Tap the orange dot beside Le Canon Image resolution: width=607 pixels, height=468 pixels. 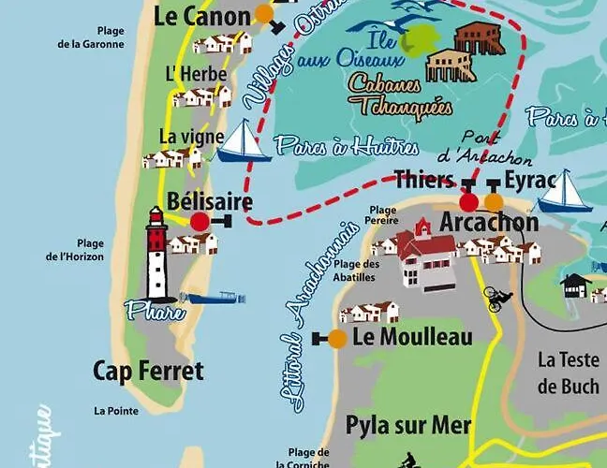(265, 14)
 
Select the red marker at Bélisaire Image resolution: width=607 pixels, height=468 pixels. (200, 222)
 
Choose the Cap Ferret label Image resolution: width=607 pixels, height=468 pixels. (148, 371)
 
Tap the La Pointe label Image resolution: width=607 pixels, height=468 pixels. (115, 411)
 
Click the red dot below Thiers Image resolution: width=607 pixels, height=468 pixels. (469, 201)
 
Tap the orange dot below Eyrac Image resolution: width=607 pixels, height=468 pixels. (494, 201)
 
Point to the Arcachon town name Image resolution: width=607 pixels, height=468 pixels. (489, 223)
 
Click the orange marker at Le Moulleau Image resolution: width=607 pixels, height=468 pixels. (337, 338)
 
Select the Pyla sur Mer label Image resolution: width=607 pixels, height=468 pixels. (408, 424)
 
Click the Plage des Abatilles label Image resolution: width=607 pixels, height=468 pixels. (357, 270)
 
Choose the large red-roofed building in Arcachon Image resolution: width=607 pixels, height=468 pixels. (427, 259)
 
